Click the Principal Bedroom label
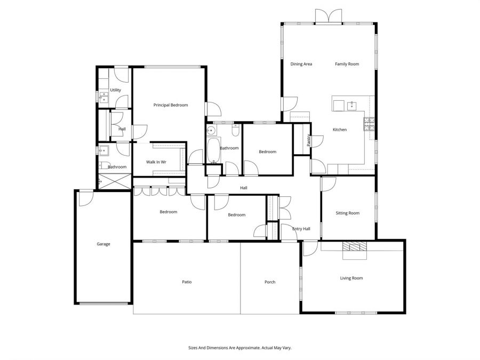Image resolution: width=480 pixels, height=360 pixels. point(171,105)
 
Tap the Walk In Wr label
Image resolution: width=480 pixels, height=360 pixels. point(156,162)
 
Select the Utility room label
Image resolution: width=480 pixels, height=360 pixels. point(115,90)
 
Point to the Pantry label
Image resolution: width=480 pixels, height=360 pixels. point(309,140)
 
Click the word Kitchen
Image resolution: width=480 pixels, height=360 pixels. point(340,130)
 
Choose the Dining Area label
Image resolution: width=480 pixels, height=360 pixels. point(301,64)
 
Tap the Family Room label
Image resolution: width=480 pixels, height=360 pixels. point(347,64)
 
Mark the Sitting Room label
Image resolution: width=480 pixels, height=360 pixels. point(347,213)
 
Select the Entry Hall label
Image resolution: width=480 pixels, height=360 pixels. point(301,229)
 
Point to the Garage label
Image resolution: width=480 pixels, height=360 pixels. point(103,244)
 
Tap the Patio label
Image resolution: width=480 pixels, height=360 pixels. point(186,282)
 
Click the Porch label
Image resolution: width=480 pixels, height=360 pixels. point(270,282)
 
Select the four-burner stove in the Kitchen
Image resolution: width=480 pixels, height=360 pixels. point(369,124)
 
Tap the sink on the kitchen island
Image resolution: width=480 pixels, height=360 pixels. point(352,106)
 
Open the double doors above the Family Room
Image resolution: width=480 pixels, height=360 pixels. point(329,17)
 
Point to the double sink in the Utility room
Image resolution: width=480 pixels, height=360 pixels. point(103,97)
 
